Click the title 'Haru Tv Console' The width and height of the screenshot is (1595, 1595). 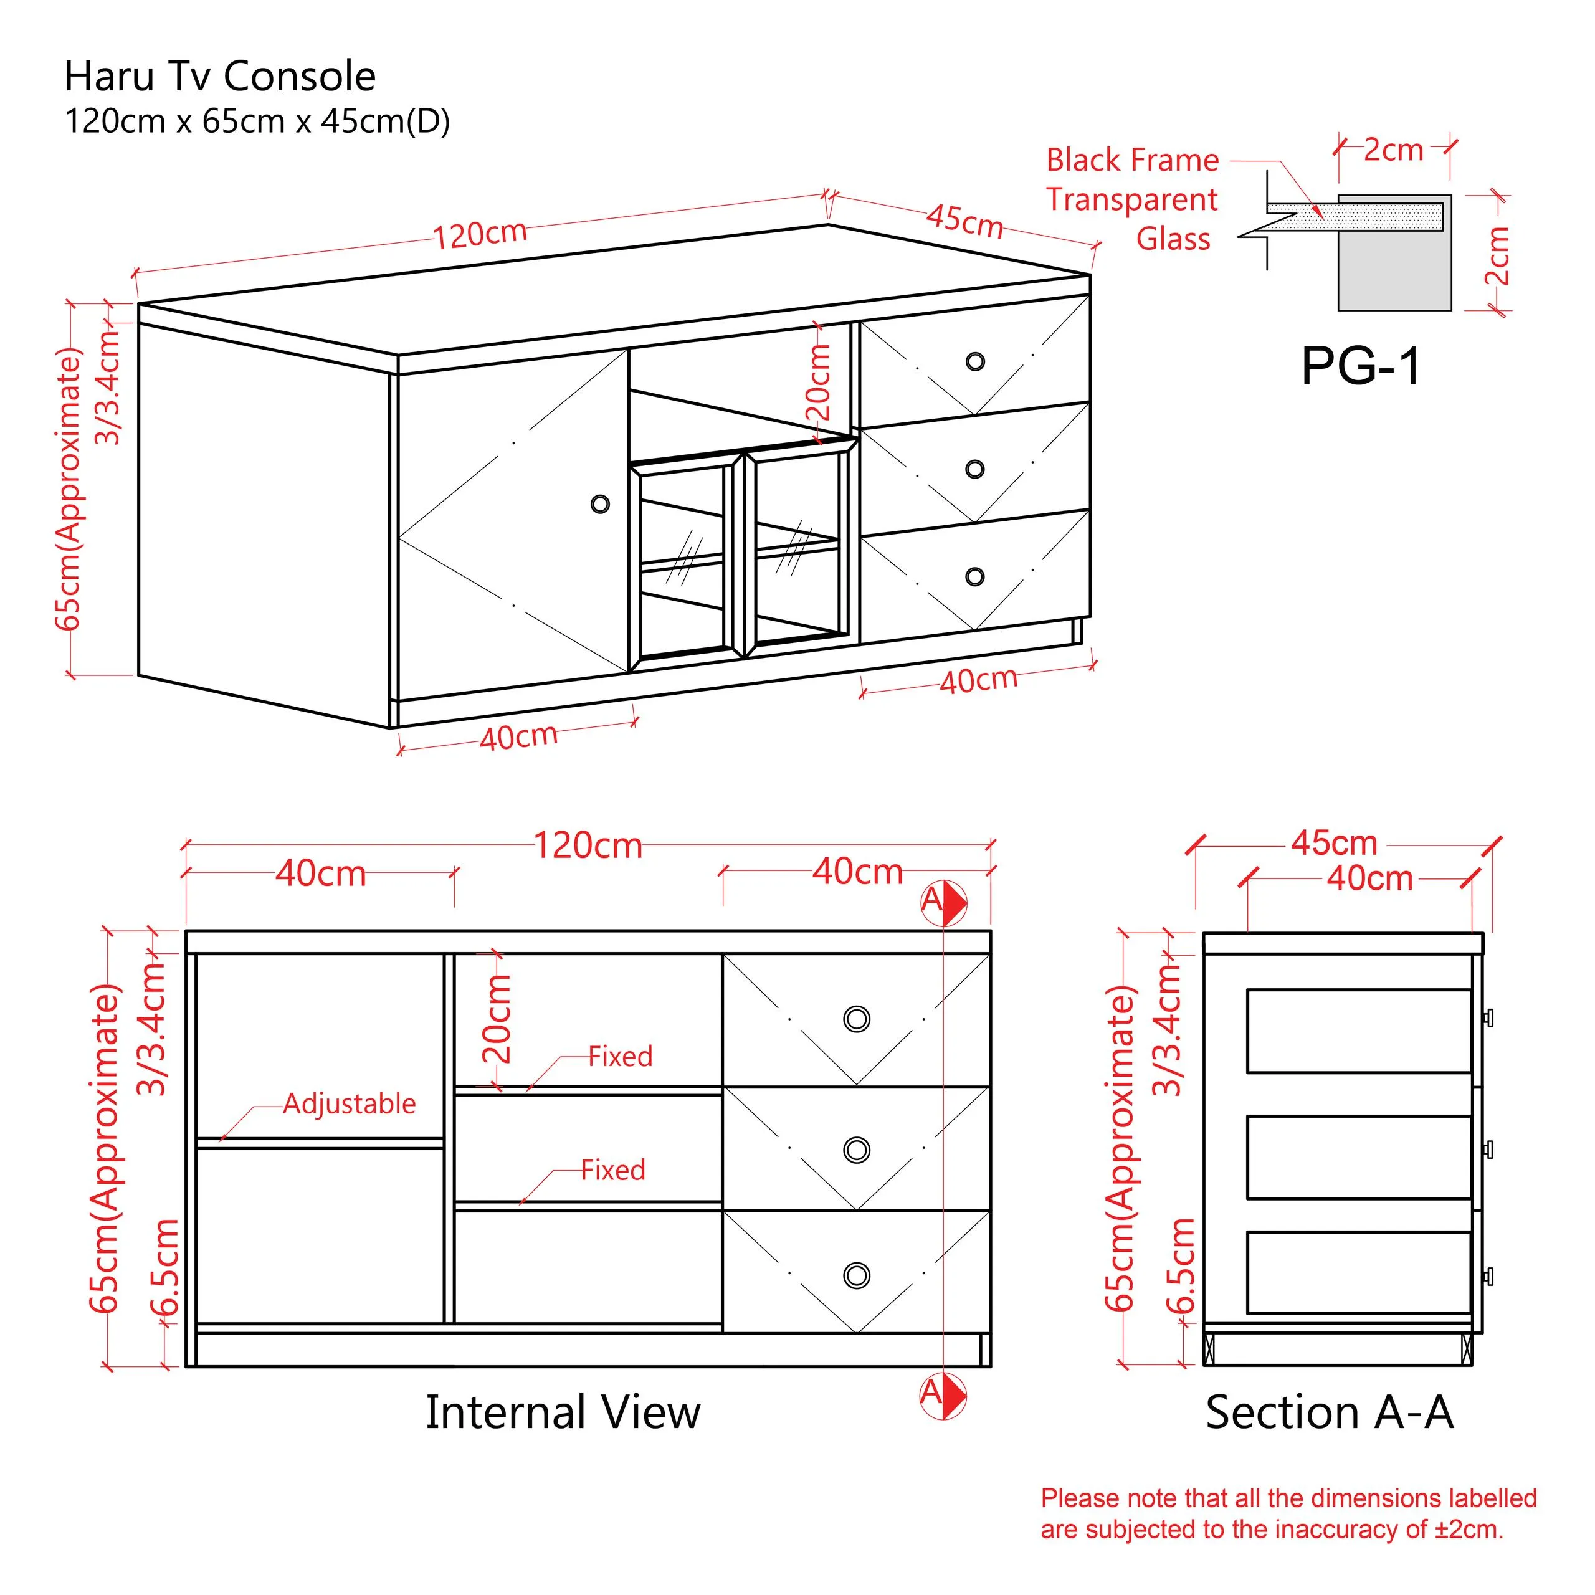219,76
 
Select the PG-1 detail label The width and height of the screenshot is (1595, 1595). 1361,366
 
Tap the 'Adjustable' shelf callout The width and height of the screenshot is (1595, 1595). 349,1104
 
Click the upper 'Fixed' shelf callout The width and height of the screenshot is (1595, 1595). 620,1057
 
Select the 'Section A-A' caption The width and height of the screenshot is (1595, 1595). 1329,1412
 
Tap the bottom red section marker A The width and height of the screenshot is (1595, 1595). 943,1395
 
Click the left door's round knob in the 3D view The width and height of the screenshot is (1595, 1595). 600,503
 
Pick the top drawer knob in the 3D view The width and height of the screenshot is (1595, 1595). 975,361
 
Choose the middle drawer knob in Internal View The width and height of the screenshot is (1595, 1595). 857,1150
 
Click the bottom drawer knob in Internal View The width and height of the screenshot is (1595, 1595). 857,1275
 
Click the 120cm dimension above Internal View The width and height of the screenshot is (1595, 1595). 588,846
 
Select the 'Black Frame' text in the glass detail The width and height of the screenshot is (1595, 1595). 1132,160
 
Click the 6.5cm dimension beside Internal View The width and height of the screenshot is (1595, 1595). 165,1267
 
